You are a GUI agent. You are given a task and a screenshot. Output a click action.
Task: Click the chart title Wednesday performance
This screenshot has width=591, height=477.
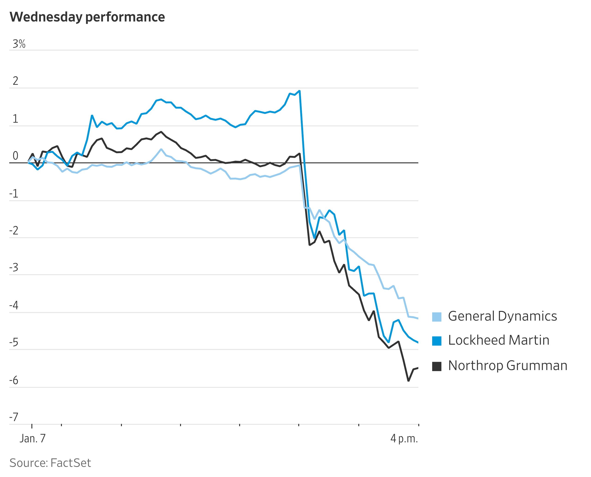[87, 17]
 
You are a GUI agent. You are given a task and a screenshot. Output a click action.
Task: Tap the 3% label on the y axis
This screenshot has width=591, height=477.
[19, 44]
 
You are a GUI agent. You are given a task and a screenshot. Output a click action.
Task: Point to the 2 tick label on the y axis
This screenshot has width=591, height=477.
[15, 81]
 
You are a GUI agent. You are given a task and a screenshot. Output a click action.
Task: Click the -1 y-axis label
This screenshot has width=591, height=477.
[14, 194]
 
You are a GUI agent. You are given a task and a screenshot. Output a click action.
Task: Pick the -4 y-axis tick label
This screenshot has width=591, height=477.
[14, 305]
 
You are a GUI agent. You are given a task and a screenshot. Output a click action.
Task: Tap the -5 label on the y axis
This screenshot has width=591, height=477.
[14, 342]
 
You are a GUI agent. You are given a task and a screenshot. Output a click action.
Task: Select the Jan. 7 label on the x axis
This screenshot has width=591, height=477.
[32, 438]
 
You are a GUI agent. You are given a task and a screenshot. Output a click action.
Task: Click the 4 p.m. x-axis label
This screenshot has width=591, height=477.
[404, 438]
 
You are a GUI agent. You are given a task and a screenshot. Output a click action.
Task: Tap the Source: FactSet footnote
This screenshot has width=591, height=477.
[50, 463]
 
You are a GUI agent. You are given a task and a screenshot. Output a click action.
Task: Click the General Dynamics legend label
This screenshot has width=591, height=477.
[502, 316]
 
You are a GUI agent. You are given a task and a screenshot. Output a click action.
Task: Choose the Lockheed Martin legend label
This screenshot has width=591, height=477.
[498, 340]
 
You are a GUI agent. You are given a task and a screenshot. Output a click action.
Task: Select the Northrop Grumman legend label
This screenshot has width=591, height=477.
[507, 366]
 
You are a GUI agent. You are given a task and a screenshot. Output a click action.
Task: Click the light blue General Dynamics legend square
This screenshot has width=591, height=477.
[437, 317]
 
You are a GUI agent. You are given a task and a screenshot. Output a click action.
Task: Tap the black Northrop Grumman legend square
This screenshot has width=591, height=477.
[437, 366]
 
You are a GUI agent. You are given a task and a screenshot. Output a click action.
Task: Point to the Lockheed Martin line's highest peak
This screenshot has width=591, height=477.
[299, 91]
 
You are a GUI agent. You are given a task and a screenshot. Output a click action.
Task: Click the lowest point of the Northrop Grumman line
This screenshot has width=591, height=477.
[408, 381]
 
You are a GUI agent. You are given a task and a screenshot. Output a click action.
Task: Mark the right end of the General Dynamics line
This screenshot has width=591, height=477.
[418, 319]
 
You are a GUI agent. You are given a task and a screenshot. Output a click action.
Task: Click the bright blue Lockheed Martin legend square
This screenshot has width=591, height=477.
[437, 341]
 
